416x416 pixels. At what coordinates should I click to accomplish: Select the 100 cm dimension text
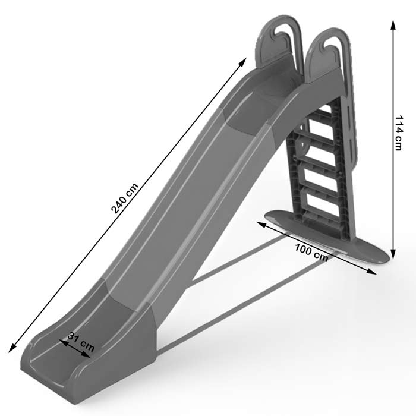[311, 253]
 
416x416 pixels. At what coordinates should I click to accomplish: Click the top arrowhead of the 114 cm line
[393, 23]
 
